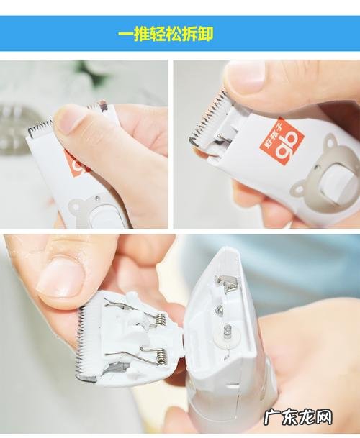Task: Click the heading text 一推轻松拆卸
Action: click(x=165, y=34)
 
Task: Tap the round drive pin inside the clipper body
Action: click(x=228, y=332)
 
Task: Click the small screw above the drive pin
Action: click(x=219, y=310)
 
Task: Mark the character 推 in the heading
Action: click(x=140, y=34)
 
